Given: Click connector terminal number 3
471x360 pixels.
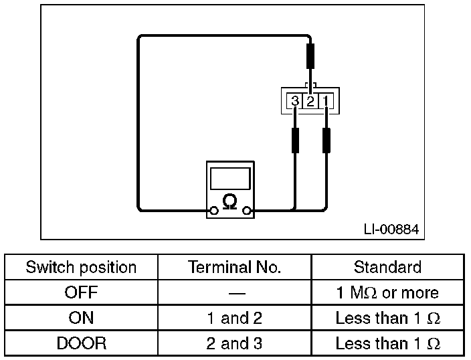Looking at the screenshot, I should (x=295, y=102).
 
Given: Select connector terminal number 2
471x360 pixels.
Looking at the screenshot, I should (x=310, y=102).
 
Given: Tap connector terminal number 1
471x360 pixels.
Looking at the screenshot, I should (x=326, y=102).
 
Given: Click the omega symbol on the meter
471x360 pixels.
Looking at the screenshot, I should (x=229, y=201).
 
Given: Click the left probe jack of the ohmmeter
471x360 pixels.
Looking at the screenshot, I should (x=213, y=211).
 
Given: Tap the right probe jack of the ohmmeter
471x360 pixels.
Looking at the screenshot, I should (x=247, y=211).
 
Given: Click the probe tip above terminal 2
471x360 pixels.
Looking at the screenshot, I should (x=310, y=56).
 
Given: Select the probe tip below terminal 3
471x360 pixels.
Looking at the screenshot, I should (x=295, y=141).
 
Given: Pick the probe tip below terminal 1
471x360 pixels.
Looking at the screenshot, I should (x=326, y=141).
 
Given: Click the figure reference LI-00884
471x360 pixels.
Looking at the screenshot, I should (x=391, y=230).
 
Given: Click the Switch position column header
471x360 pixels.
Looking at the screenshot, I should (x=81, y=268).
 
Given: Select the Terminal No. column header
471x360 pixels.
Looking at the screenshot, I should (x=235, y=268).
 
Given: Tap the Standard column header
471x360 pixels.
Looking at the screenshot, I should (x=387, y=268).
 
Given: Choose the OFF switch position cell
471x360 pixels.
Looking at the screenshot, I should (x=81, y=293).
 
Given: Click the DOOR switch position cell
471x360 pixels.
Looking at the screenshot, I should (x=81, y=344).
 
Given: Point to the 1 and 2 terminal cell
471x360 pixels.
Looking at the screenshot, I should (x=235, y=319).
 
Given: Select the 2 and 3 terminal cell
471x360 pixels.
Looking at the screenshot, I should (x=235, y=344).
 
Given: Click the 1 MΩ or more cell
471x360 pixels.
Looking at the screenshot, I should (x=387, y=293).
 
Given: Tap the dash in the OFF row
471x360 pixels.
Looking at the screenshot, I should (x=235, y=293).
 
